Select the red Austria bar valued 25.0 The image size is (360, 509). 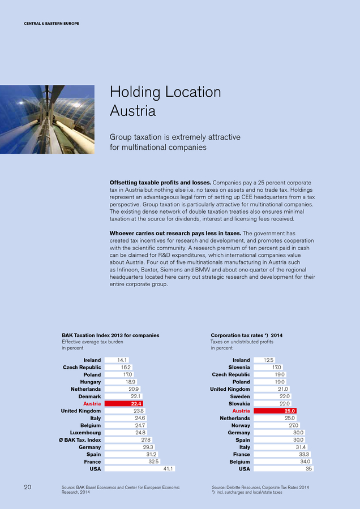[x=276, y=411]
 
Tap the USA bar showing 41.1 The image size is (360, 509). [x=140, y=468]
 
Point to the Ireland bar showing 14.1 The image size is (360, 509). [x=117, y=360]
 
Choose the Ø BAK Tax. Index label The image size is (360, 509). [x=81, y=439]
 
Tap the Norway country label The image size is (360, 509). [x=241, y=425]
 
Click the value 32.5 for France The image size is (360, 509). [x=153, y=461]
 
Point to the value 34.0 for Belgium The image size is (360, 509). [x=305, y=461]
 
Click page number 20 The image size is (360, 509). [x=28, y=487]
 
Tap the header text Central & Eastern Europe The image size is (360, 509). [x=51, y=23]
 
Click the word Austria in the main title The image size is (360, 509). [x=132, y=111]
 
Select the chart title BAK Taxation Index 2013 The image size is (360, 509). [x=106, y=335]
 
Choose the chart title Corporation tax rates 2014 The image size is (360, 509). [x=246, y=335]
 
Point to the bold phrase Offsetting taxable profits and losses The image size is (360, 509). [x=159, y=183]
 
